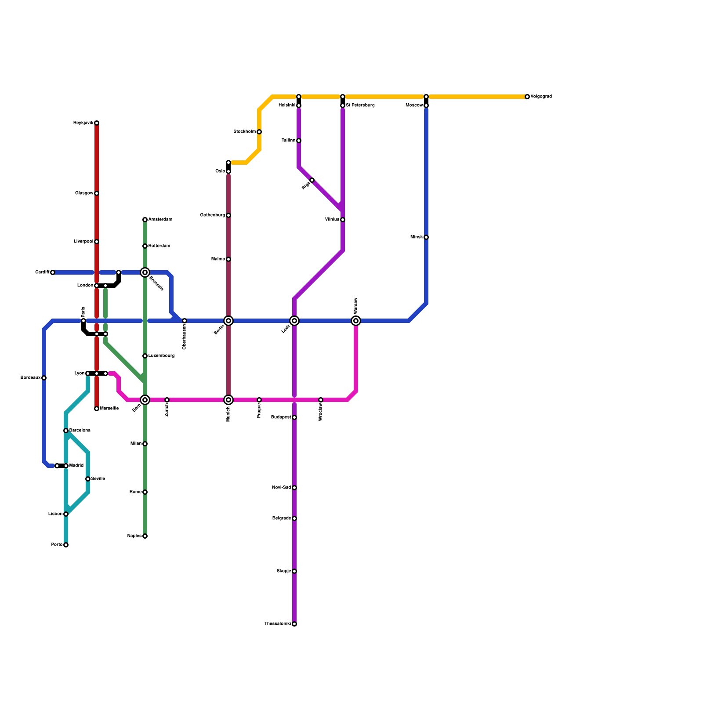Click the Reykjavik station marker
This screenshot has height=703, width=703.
97,123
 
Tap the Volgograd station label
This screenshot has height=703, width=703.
541,97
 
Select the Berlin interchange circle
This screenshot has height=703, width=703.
228,321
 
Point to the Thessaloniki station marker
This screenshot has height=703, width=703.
294,624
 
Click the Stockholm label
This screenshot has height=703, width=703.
244,132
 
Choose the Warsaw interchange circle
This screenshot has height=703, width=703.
356,321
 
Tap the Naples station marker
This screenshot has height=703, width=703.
145,536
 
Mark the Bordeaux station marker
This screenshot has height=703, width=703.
44,378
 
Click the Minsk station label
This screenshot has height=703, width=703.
417,237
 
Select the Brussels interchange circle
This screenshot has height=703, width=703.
145,272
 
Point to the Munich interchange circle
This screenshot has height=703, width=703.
228,400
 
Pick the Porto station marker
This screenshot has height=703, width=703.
66,545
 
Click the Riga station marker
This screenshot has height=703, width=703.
312,180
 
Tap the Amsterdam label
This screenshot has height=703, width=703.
160,220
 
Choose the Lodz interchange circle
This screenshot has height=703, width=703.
294,321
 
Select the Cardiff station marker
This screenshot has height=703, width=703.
53,272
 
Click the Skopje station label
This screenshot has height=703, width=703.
283,571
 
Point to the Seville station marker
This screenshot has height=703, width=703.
88,479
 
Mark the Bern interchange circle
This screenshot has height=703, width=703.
145,400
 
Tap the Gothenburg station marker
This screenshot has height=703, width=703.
228,215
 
